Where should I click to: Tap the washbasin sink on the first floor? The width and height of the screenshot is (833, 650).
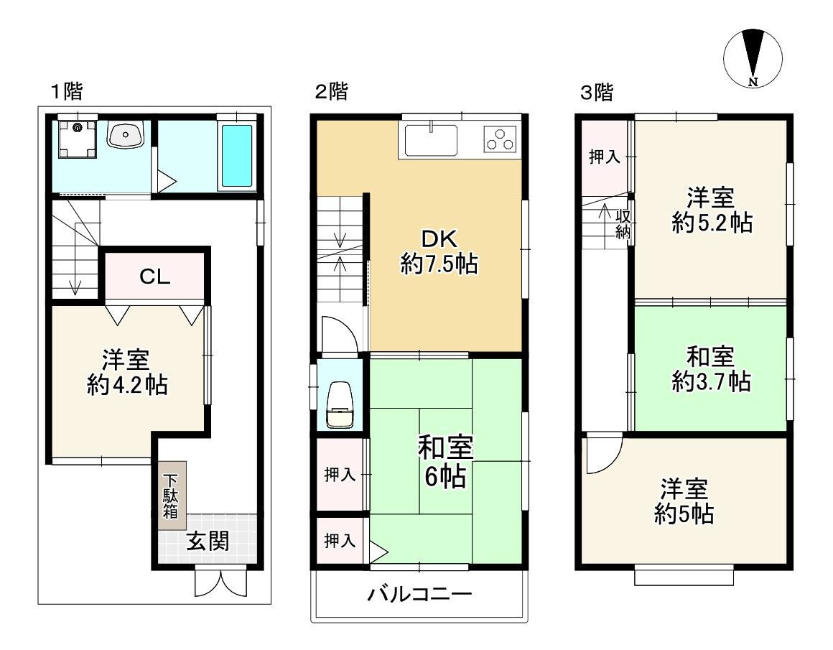pyautogui.click(x=126, y=134)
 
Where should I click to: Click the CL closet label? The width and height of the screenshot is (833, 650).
pyautogui.click(x=155, y=277)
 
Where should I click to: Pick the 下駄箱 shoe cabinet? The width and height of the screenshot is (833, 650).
pyautogui.click(x=172, y=496)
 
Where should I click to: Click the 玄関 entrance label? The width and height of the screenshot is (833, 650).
pyautogui.click(x=208, y=542)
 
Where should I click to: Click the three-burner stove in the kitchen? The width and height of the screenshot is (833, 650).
pyautogui.click(x=501, y=139)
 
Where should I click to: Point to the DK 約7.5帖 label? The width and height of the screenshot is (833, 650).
pyautogui.click(x=439, y=251)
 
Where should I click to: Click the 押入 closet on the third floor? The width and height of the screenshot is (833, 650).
pyautogui.click(x=604, y=158)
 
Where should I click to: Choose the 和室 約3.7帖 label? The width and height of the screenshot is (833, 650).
pyautogui.click(x=710, y=368)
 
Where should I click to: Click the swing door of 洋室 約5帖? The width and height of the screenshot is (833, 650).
pyautogui.click(x=602, y=454)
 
